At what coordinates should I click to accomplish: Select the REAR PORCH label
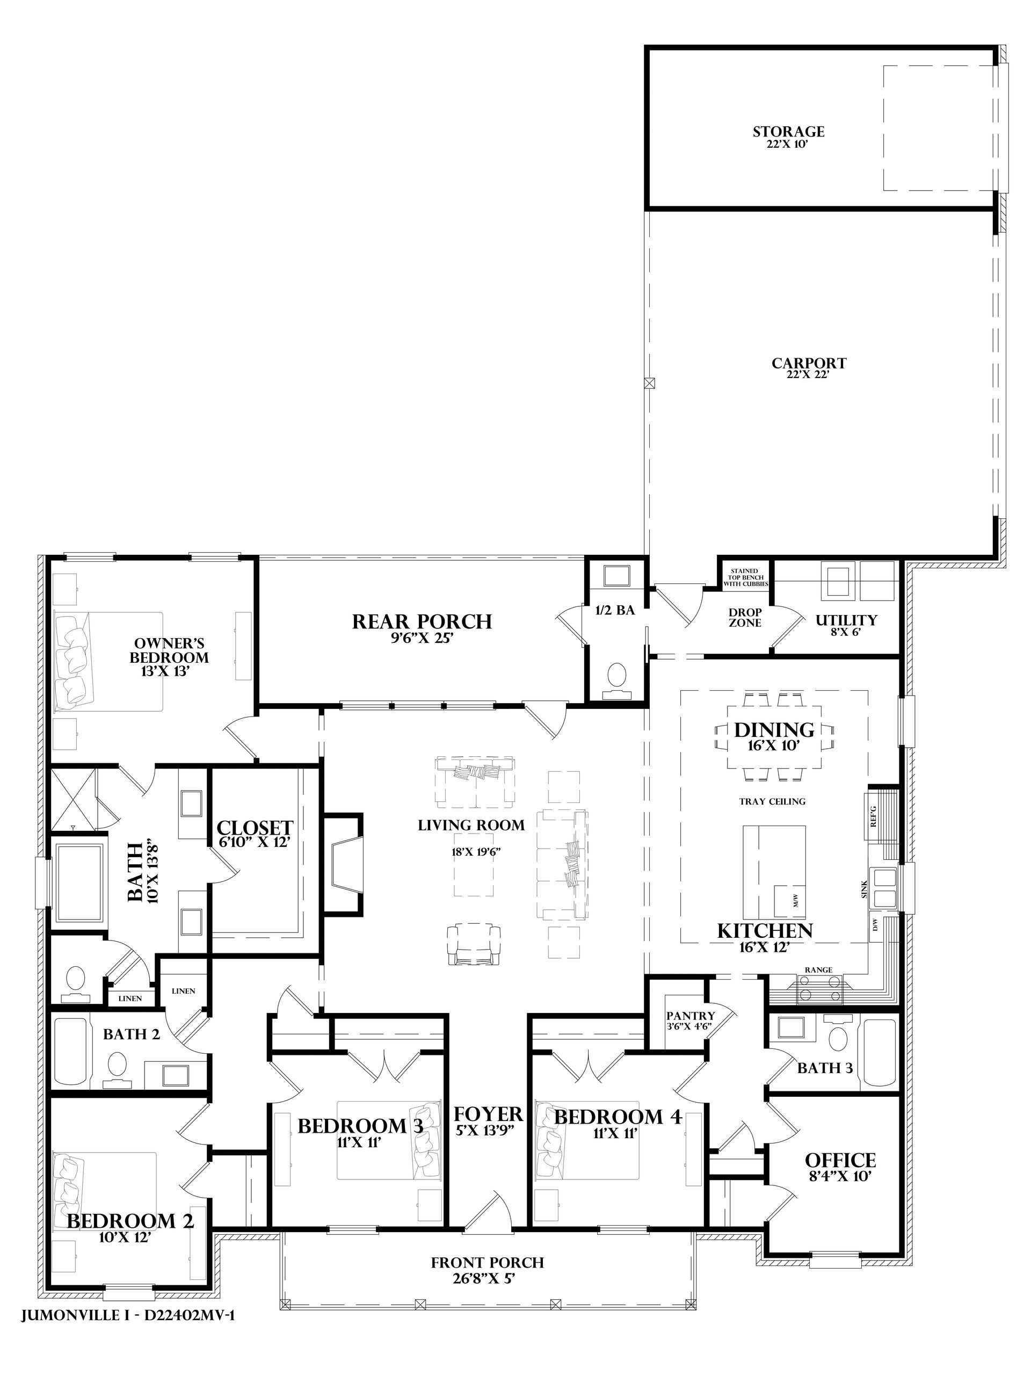click(422, 621)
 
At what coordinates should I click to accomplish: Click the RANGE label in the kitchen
click(818, 969)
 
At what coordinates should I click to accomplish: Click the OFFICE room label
click(840, 1161)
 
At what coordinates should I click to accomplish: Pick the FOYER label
click(488, 1113)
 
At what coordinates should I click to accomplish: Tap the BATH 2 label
click(131, 1034)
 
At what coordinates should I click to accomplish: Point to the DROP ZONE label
click(745, 618)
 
